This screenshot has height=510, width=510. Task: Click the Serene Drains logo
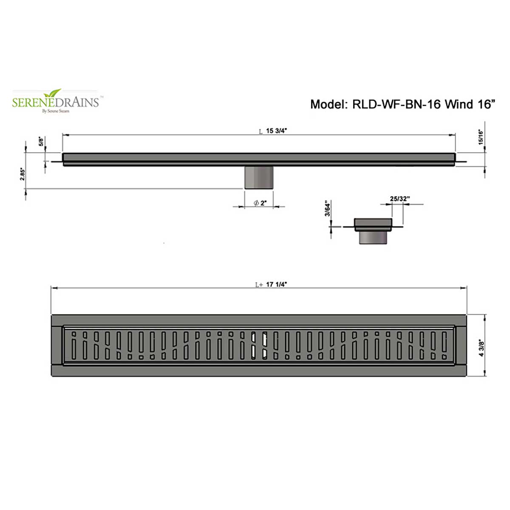tap(55, 102)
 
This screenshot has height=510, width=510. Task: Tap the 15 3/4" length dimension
tap(276, 131)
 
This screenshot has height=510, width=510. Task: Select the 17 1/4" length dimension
tap(276, 285)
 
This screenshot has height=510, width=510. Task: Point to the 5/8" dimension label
tap(41, 141)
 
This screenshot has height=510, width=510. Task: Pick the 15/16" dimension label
tap(481, 137)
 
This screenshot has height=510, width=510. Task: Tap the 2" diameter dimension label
tap(261, 203)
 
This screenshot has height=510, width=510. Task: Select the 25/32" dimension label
tap(399, 198)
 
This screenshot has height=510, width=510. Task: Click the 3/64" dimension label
tap(328, 208)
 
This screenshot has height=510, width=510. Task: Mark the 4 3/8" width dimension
tap(482, 348)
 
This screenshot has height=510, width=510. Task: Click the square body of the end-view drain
tap(373, 223)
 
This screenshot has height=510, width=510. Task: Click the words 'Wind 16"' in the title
tap(470, 104)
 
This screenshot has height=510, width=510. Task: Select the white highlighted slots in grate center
tap(259, 345)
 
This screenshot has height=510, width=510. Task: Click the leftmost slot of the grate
tap(74, 345)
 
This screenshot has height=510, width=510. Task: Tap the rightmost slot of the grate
tap(445, 345)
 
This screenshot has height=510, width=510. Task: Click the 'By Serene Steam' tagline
tap(55, 111)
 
